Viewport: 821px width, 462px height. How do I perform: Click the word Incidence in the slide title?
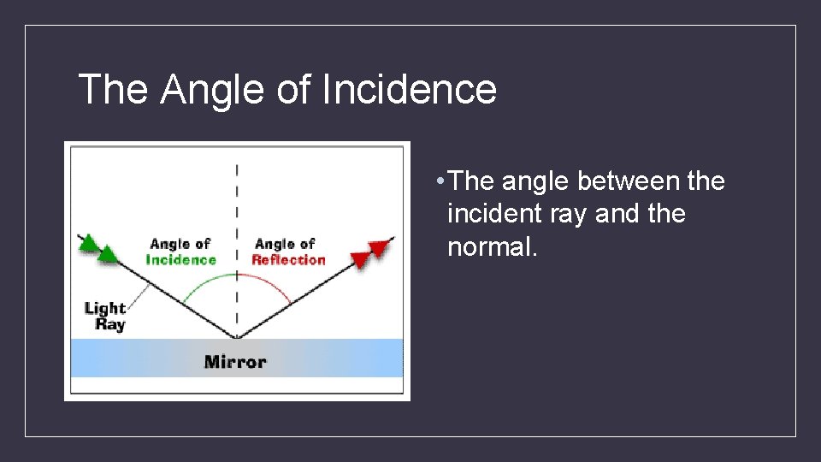(x=410, y=89)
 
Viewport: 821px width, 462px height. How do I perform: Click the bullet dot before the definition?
(x=438, y=181)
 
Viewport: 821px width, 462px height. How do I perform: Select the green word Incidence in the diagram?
(x=180, y=260)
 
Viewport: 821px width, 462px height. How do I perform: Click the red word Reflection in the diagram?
(x=288, y=260)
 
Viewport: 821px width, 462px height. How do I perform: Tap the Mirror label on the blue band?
(x=235, y=362)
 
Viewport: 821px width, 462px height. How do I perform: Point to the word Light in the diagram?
(x=105, y=308)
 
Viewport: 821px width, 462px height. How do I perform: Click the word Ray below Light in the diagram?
(x=110, y=325)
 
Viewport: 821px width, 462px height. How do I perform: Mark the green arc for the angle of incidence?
(x=205, y=282)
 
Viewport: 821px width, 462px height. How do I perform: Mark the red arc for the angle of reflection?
(x=269, y=282)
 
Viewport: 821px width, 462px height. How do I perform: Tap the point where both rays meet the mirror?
(x=237, y=338)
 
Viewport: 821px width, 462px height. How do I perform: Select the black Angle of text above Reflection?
(x=285, y=245)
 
